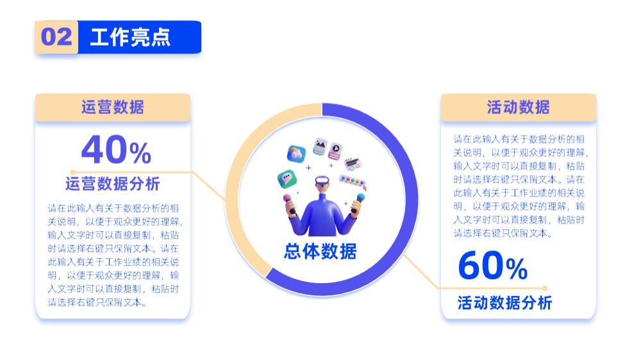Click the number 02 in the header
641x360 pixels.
(56, 37)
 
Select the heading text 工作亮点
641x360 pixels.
(130, 37)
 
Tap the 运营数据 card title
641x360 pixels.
(112, 107)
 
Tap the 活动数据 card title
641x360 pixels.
(518, 107)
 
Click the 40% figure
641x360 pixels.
(116, 149)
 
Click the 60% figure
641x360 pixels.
(492, 266)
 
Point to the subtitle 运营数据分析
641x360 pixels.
(112, 184)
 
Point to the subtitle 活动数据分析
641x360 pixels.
(504, 303)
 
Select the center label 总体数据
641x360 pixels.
(320, 251)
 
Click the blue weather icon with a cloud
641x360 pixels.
(296, 154)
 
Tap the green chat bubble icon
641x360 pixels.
(287, 179)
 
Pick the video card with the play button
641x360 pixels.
(335, 151)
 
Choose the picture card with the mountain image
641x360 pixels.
(320, 147)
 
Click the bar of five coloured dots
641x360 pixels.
(353, 182)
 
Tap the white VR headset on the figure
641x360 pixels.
(322, 180)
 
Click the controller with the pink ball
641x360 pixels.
(289, 204)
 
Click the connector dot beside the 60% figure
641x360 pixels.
(544, 288)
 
